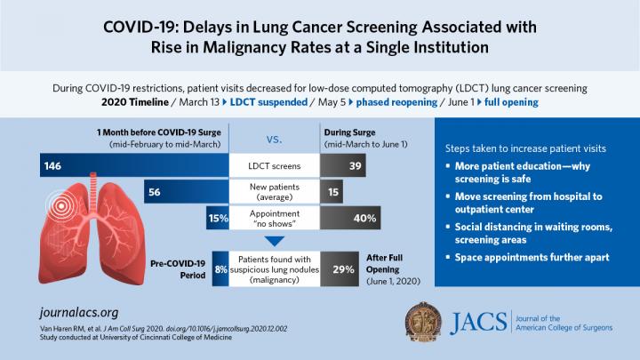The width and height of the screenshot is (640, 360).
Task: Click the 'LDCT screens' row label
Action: point(274,166)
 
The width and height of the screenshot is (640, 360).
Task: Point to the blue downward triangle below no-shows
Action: point(274,239)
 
